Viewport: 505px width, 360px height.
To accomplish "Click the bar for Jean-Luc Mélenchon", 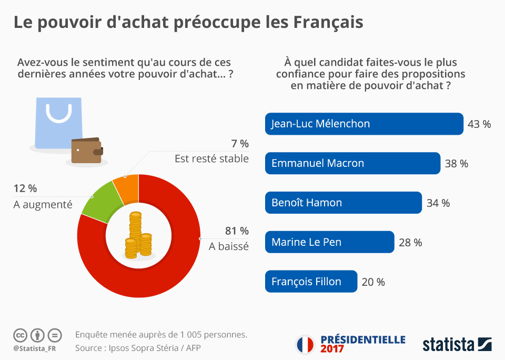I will coord(363,124).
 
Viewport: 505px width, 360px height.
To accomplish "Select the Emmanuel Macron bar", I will coord(352,163).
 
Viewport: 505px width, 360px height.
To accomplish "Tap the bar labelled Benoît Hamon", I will coord(343,203).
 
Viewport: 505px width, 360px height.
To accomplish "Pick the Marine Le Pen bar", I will coord(329,242).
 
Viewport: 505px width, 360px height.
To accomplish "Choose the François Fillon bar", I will coord(311,282).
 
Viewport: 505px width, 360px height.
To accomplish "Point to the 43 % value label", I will coord(479,124).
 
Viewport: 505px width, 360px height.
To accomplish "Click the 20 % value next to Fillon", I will coord(373,282).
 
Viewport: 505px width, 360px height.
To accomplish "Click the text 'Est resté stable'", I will coord(211,158).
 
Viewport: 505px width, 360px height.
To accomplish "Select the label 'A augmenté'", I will coord(43,205).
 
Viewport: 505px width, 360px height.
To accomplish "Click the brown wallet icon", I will coord(87,151).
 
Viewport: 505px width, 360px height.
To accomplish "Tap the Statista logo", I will coord(457,345).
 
